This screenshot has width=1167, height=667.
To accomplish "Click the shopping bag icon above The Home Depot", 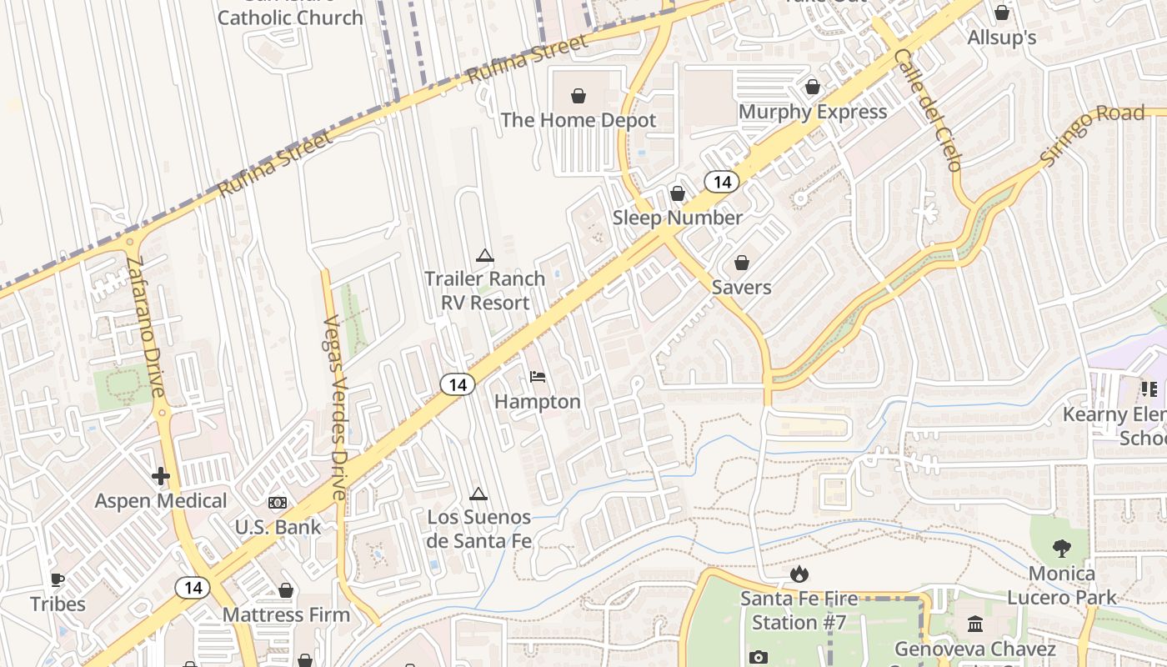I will click(578, 96).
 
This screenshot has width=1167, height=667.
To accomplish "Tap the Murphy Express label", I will click(813, 112).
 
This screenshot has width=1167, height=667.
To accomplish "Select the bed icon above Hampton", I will click(538, 378).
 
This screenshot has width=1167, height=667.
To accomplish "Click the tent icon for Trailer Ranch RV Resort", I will click(484, 255).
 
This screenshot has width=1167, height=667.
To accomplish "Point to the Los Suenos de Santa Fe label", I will click(478, 529).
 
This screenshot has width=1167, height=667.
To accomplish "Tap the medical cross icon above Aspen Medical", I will click(161, 476).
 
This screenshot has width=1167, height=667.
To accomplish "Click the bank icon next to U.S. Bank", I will click(278, 503).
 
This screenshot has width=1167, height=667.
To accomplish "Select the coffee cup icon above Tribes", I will click(58, 579).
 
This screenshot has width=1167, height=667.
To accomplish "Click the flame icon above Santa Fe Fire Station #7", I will click(799, 574).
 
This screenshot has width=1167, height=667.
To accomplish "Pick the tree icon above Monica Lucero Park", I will click(1061, 549).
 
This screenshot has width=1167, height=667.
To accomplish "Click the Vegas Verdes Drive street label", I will click(335, 408).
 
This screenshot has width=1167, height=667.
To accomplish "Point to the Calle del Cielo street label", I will click(928, 109).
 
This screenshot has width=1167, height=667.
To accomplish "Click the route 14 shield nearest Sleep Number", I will click(722, 182).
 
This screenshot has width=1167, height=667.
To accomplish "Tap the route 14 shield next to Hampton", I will click(457, 384).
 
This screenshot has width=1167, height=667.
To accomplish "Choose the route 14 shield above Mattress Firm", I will click(193, 588).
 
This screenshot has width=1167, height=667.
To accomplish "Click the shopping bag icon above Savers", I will click(741, 263).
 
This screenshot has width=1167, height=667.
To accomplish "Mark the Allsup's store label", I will click(1001, 38).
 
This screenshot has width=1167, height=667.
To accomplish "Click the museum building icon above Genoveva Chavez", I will click(975, 624).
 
